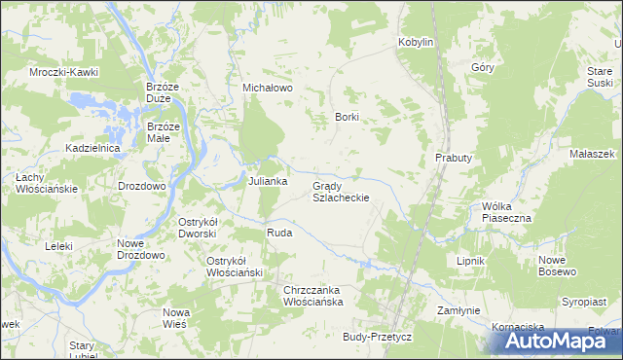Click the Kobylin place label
(416, 43)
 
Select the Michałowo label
(268, 88)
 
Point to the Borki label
(348, 117)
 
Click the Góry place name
(483, 67)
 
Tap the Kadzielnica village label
(92, 147)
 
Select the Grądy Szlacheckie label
(340, 191)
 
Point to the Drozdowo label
(142, 185)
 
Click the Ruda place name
(279, 234)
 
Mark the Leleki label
(58, 246)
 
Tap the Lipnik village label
(471, 262)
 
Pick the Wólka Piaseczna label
(506, 212)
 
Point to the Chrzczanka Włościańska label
(312, 297)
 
